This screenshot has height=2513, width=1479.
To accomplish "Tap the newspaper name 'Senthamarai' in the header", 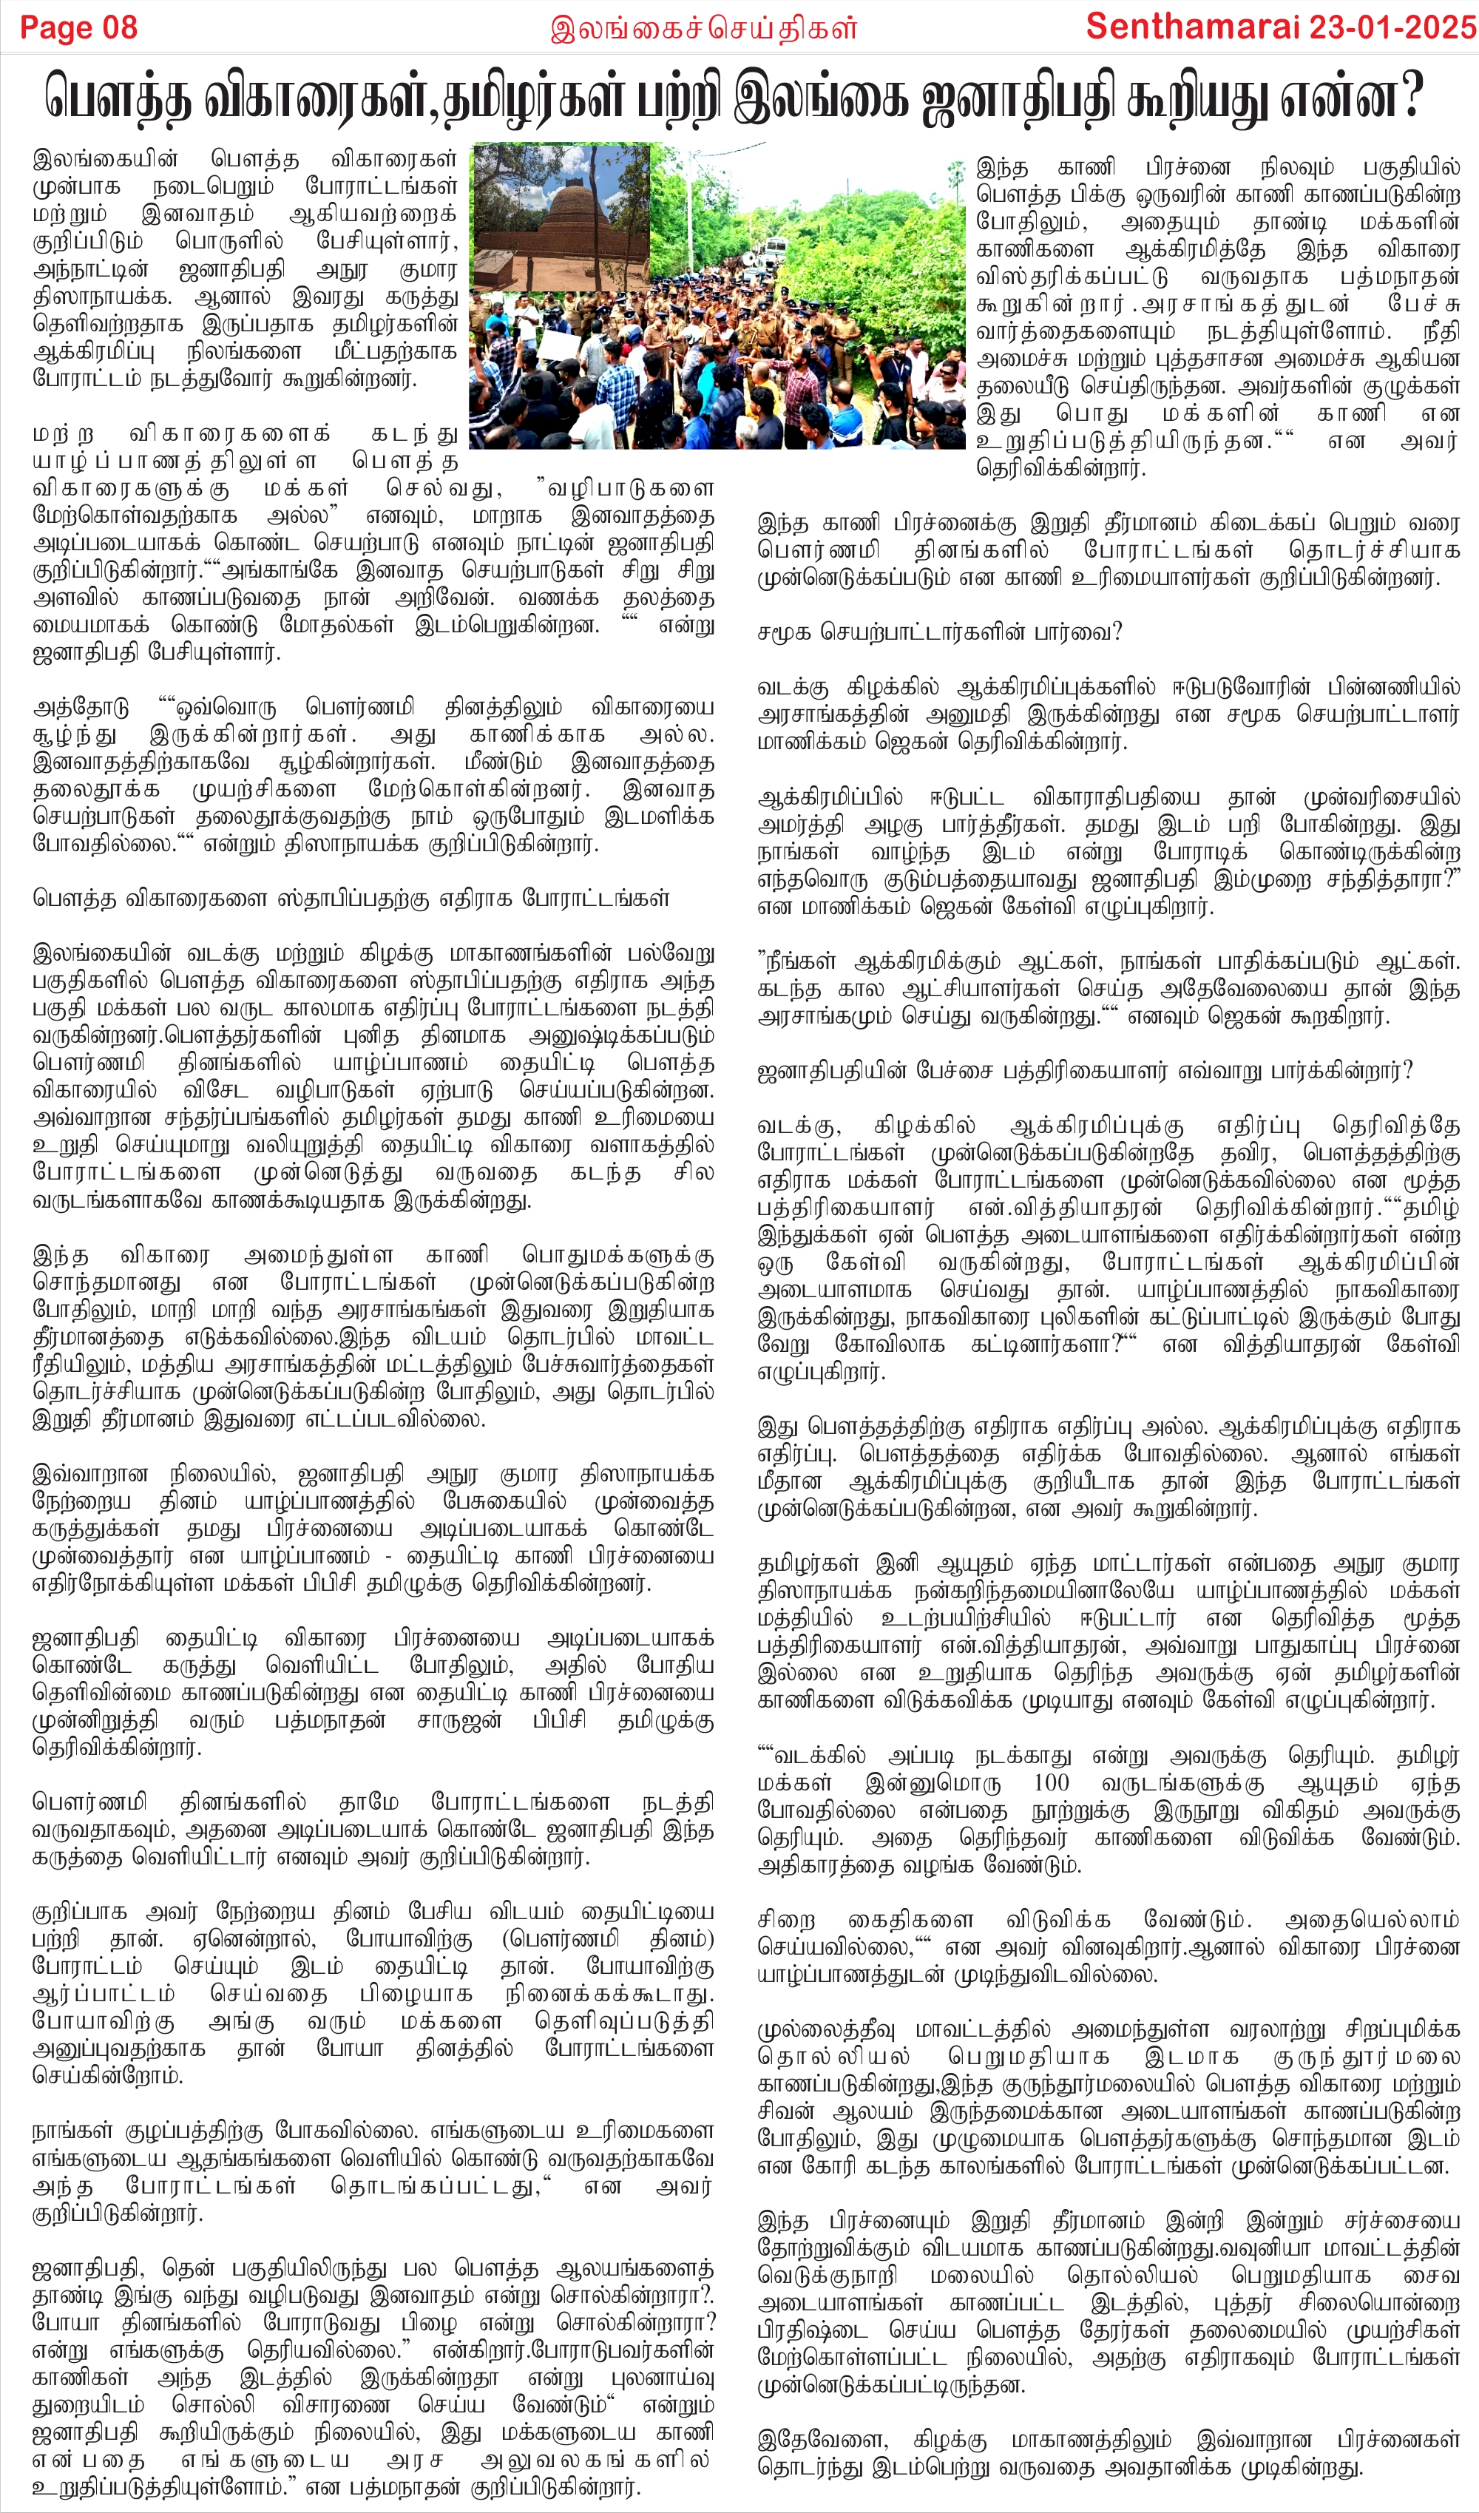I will coord(1193,27).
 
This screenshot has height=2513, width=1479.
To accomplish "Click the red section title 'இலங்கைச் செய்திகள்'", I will coord(703,29).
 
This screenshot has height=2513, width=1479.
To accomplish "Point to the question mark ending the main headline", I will coord(1408,98).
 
